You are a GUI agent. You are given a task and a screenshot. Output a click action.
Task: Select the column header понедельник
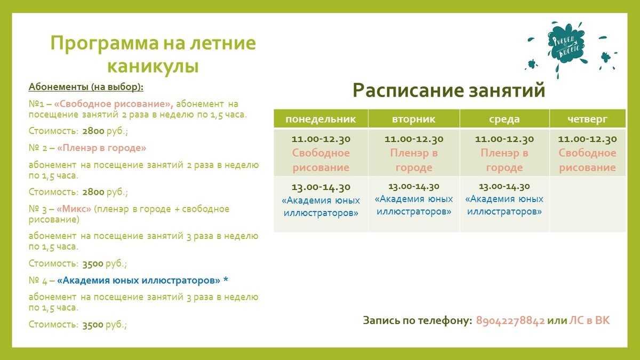point(321,119)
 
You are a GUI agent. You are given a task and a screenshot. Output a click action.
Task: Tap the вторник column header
point(414,119)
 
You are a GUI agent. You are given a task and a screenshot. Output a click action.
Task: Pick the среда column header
point(505,119)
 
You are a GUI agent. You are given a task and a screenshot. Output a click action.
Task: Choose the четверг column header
point(587,119)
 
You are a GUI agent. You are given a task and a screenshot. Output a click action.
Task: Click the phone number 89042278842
point(510,321)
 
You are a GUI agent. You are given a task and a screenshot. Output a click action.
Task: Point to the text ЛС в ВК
point(589,321)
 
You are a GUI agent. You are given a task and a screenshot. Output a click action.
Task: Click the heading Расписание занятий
point(449,90)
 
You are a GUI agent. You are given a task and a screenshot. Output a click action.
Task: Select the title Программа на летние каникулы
point(153,55)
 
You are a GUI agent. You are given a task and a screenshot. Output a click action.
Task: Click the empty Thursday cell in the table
point(587,204)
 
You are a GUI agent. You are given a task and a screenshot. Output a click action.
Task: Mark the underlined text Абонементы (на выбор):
point(86,87)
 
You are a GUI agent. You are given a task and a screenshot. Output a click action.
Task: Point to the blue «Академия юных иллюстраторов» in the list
point(139,280)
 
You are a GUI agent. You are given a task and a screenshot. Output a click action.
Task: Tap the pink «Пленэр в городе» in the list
point(101,147)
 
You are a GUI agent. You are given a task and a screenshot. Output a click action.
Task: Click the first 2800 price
point(93,130)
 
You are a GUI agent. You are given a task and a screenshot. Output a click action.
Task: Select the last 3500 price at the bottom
point(92,324)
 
